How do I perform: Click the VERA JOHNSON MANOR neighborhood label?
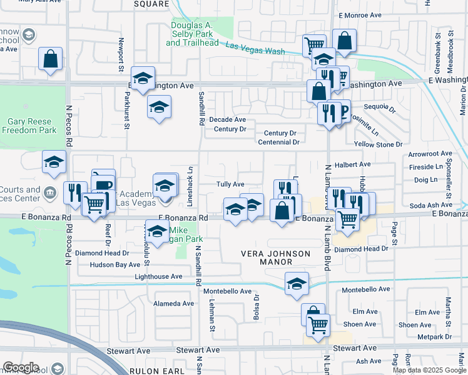276,257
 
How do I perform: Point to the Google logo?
21,367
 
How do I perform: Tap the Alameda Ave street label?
175,304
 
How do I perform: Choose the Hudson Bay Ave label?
114,265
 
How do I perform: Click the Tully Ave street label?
230,184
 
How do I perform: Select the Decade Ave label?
227,119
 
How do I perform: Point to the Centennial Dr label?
280,142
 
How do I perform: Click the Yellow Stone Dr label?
377,144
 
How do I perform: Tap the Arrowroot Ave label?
429,153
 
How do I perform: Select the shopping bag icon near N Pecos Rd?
51,59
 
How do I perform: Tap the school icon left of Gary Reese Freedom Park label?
54,162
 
